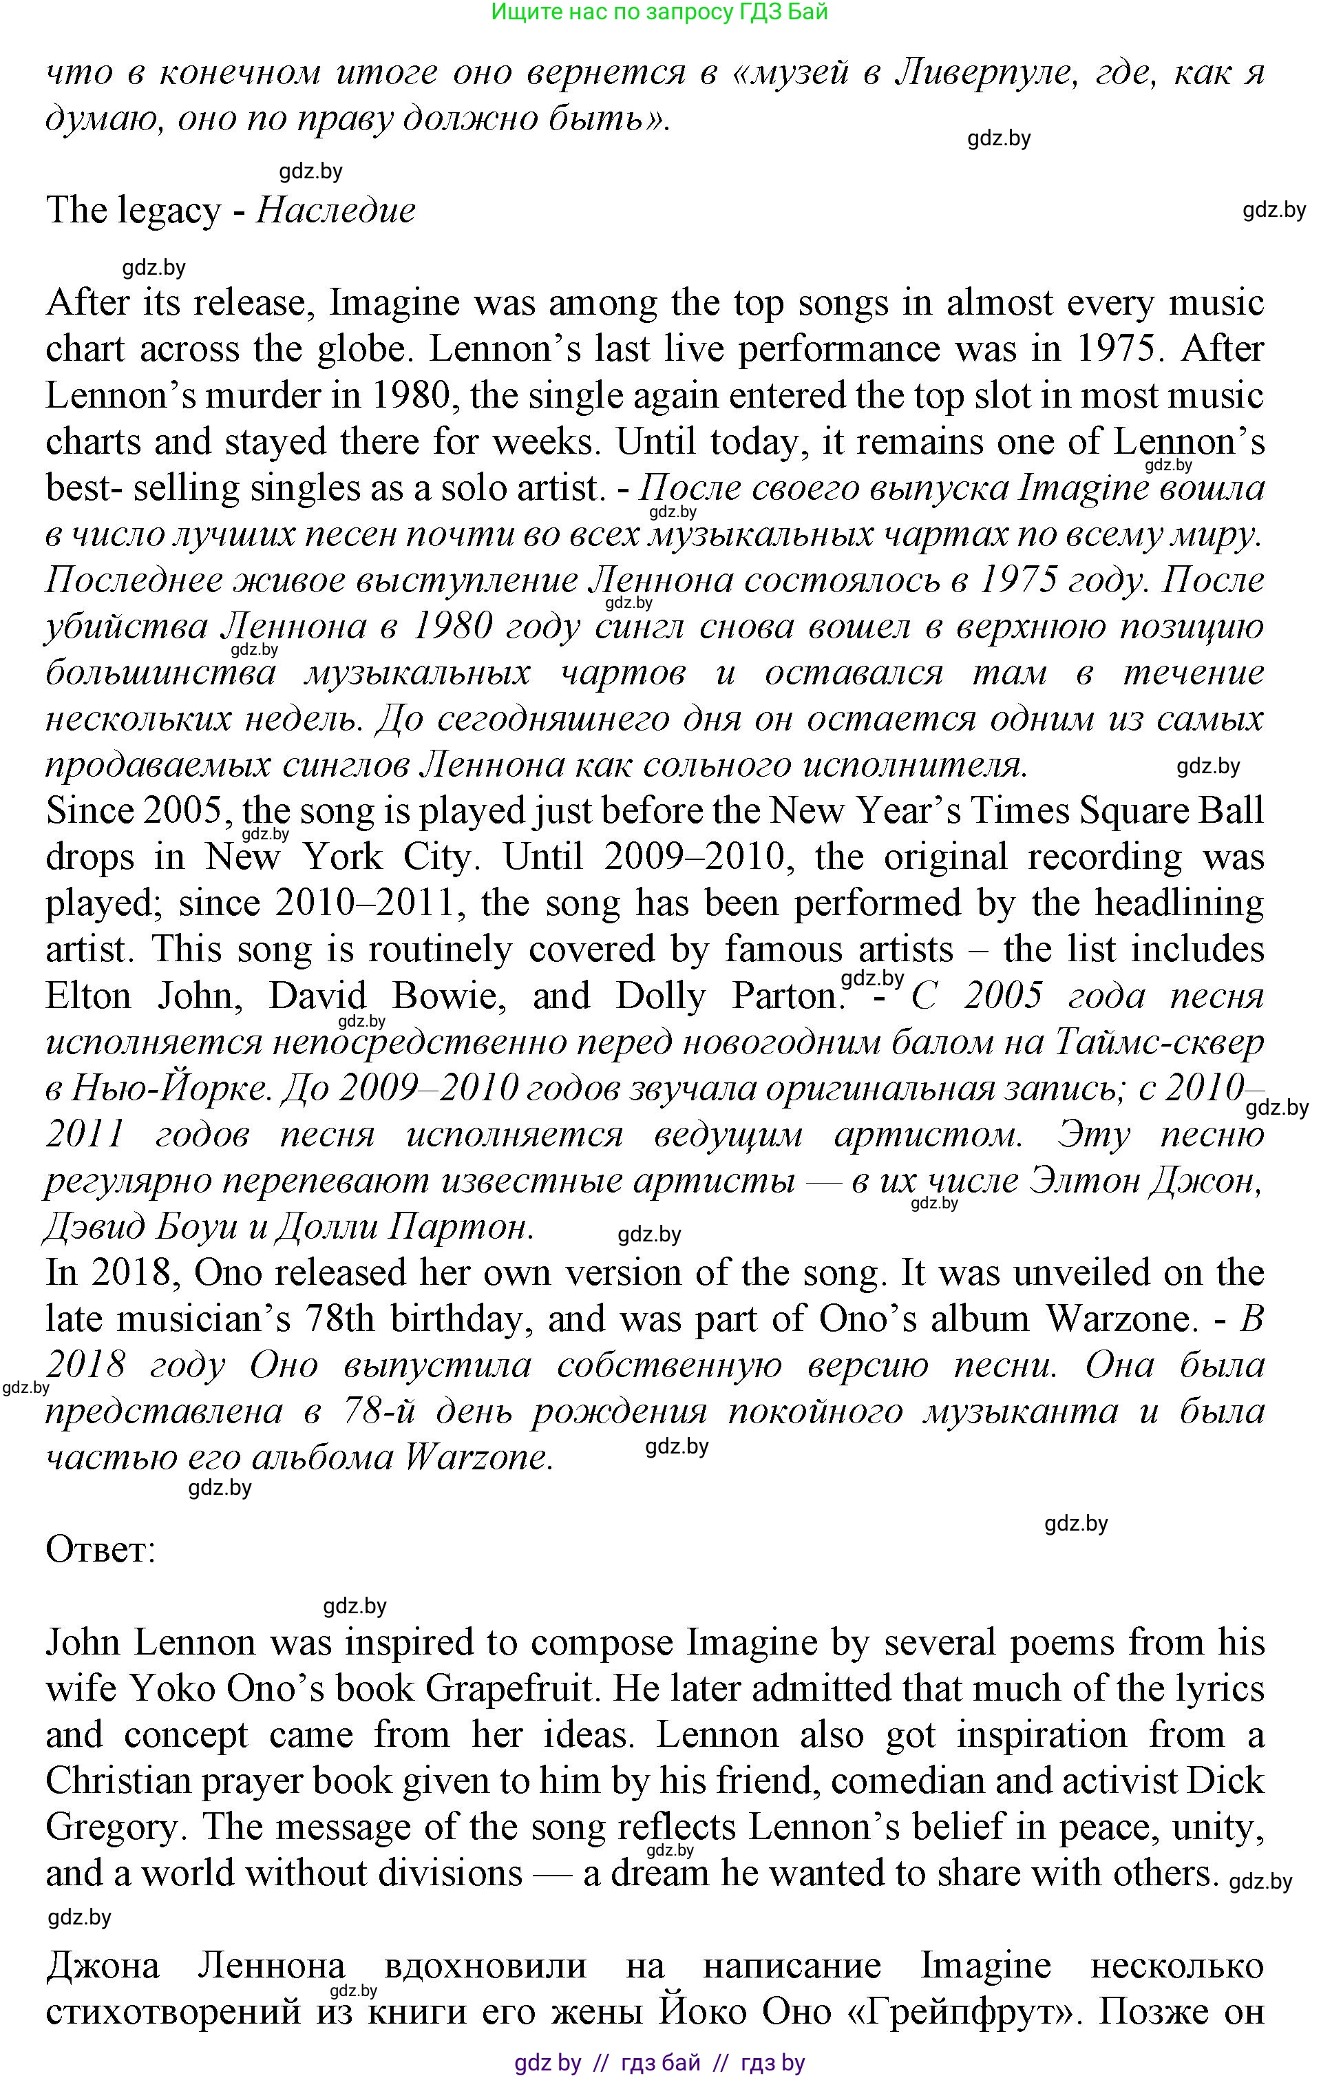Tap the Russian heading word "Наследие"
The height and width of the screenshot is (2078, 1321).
click(337, 210)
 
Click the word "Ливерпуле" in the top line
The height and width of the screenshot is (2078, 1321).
click(986, 74)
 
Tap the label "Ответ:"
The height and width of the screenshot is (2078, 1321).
click(100, 1550)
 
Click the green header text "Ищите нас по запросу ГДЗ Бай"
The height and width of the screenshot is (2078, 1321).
click(660, 11)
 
